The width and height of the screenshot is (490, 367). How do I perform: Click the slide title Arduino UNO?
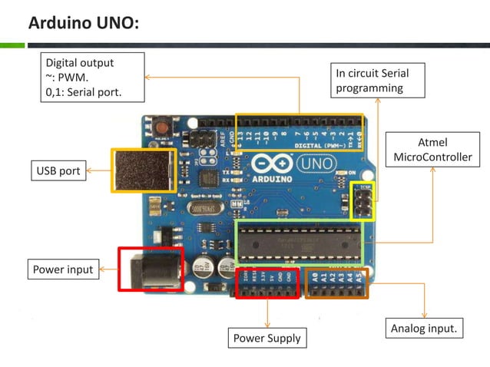click(84, 23)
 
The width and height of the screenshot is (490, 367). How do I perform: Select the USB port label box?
click(58, 170)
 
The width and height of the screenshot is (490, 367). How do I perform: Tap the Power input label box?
click(63, 269)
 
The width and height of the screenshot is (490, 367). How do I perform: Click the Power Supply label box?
click(267, 338)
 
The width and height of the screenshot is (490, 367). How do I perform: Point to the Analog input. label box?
click(424, 329)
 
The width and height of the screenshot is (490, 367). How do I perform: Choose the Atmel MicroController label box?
click(432, 150)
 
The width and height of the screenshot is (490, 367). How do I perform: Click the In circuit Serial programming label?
click(378, 81)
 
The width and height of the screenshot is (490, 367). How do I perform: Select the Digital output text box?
click(94, 78)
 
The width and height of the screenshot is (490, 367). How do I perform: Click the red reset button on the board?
click(162, 124)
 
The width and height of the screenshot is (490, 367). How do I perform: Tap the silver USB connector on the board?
click(144, 170)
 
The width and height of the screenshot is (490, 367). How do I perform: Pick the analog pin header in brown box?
click(336, 283)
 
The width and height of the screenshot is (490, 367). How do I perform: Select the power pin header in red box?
click(267, 283)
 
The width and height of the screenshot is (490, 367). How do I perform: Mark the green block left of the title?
click(12, 45)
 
